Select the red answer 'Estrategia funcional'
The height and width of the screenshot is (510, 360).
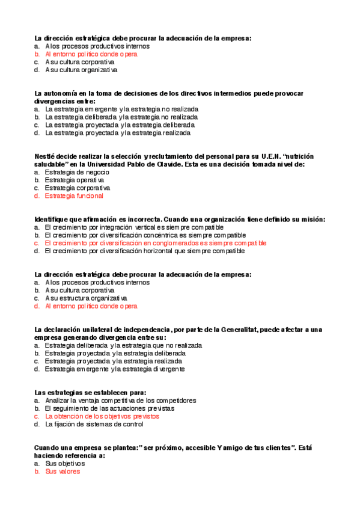point(74,195)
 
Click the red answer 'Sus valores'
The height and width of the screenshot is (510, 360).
point(63,472)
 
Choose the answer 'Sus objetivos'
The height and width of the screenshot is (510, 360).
point(65,464)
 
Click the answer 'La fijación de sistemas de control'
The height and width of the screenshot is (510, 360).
point(94,424)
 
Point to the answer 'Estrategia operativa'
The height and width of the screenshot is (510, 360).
point(75,180)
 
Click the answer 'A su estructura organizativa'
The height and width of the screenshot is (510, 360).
point(86,298)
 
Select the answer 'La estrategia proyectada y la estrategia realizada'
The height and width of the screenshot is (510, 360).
point(118,133)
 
